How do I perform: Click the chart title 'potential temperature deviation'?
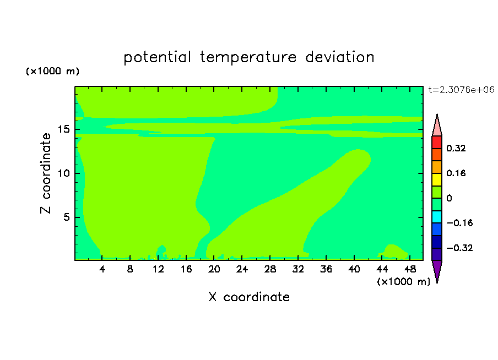[248, 57]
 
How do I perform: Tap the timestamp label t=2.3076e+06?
[461, 90]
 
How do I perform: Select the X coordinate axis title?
[249, 297]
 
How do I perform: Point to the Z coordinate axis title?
[46, 173]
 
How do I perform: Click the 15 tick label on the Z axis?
[64, 129]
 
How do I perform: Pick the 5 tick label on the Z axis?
[67, 217]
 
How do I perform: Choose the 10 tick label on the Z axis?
[64, 173]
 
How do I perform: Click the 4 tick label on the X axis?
[102, 269]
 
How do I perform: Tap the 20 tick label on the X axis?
[214, 269]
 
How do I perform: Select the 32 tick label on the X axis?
[298, 269]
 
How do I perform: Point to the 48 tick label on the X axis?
[410, 269]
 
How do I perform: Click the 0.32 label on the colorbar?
[456, 148]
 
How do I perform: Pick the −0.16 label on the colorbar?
[459, 223]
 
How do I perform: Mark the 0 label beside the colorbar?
[449, 198]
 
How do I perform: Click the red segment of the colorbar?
[437, 142]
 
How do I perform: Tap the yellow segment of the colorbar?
[437, 179]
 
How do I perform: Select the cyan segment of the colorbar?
[437, 217]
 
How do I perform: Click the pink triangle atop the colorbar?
[437, 127]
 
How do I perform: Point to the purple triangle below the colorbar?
[437, 270]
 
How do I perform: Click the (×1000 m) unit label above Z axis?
[52, 71]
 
